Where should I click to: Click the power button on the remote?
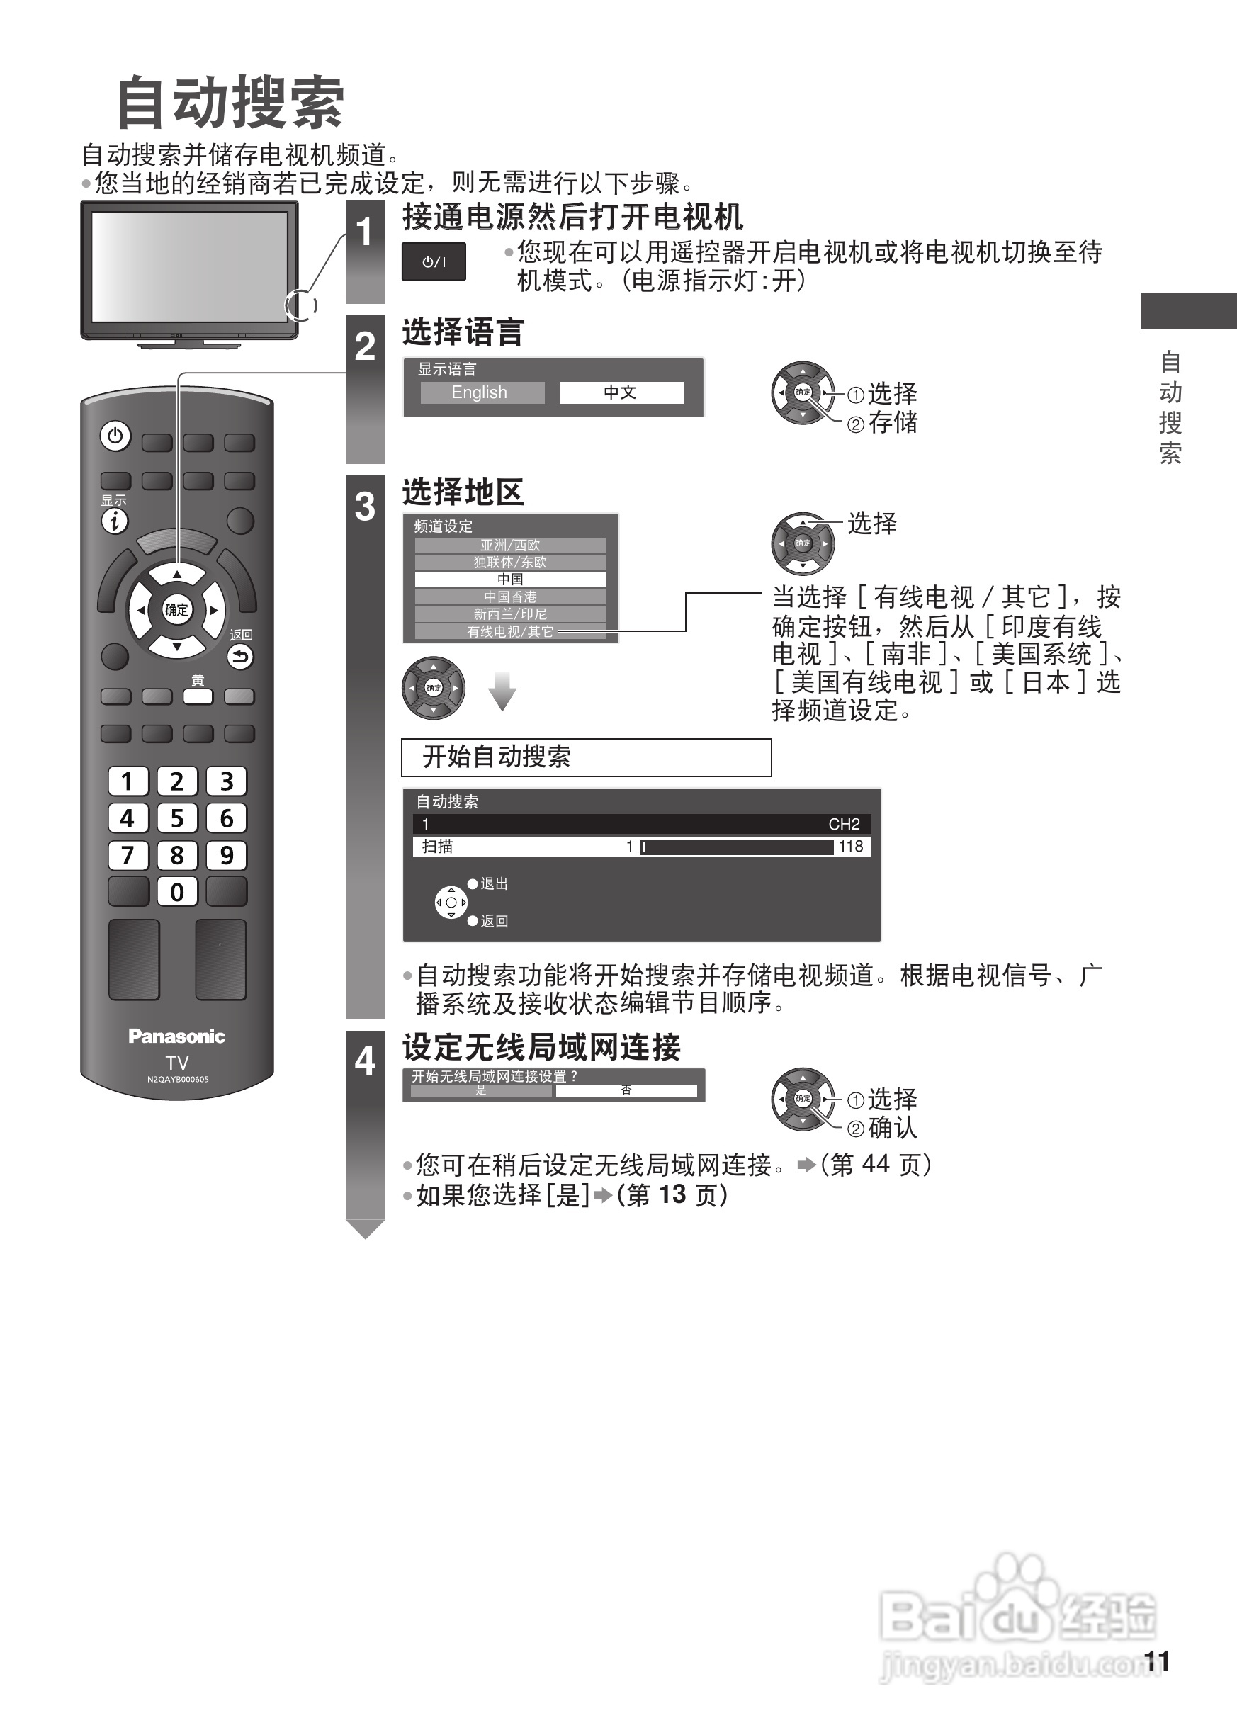[x=115, y=436]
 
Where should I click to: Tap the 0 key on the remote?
[x=176, y=892]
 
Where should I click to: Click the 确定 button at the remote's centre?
[x=176, y=609]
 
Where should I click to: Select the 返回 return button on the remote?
[x=240, y=657]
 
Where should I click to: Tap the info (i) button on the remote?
[x=115, y=521]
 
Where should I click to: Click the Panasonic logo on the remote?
[x=176, y=1036]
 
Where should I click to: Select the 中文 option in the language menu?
[x=621, y=392]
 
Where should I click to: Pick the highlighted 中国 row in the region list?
[x=509, y=579]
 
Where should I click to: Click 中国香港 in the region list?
[x=509, y=597]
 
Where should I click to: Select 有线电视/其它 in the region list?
[x=509, y=631]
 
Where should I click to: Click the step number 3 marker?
[x=365, y=507]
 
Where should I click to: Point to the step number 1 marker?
[x=365, y=232]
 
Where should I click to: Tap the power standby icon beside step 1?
[x=434, y=262]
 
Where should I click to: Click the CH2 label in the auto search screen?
[x=843, y=824]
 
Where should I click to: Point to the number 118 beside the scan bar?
[x=851, y=846]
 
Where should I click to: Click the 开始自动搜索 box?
[x=586, y=757]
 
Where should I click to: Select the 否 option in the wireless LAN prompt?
[x=626, y=1090]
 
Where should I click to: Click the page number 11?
[x=1156, y=1661]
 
